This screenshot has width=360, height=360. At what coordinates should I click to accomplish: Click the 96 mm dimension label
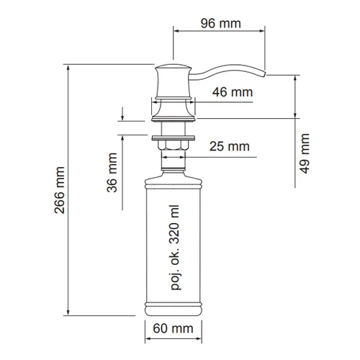[221, 23]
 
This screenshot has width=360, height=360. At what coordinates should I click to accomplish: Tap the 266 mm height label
[60, 190]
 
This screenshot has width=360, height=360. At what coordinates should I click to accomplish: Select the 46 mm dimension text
[233, 92]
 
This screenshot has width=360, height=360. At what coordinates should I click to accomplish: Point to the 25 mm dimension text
[230, 146]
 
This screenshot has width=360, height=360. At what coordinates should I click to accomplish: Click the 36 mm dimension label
[112, 173]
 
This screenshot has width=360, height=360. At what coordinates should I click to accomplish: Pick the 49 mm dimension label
[305, 153]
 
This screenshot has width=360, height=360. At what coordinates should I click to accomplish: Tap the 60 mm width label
[173, 328]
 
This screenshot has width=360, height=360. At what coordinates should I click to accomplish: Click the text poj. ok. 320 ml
[175, 248]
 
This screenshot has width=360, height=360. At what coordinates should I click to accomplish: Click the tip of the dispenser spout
[265, 73]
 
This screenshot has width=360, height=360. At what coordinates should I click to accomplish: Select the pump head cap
[174, 81]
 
